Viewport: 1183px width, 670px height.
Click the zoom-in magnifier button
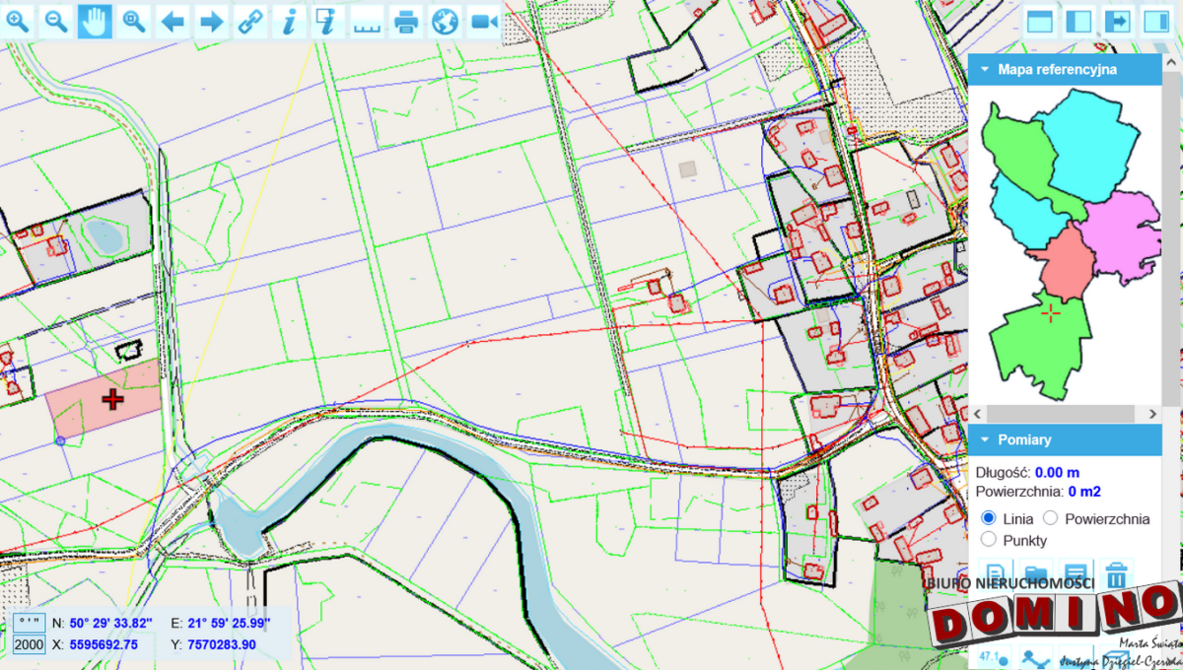click(x=19, y=21)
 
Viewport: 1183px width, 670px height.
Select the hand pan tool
click(x=95, y=21)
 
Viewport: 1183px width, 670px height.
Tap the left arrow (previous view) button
click(x=173, y=21)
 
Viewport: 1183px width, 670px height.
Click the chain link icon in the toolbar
click(x=250, y=21)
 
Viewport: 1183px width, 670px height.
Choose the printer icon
click(x=406, y=21)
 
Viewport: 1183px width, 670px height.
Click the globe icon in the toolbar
click(x=446, y=21)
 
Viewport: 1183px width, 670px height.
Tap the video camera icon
click(x=484, y=21)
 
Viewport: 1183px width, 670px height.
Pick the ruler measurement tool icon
click(x=367, y=21)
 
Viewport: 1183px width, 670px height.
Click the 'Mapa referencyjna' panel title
click(x=1057, y=70)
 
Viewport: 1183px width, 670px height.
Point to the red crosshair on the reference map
click(x=1052, y=313)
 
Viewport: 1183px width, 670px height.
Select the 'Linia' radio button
click(x=989, y=518)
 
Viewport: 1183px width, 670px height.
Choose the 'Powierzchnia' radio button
click(x=1050, y=518)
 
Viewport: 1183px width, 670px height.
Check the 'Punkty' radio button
click(x=989, y=540)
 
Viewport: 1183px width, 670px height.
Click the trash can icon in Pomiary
click(x=1116, y=574)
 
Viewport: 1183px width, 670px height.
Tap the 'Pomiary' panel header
click(x=1025, y=439)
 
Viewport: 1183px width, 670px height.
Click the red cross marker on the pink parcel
click(x=113, y=399)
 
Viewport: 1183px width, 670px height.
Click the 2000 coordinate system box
click(x=30, y=644)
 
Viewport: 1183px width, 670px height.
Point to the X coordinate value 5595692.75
click(x=104, y=644)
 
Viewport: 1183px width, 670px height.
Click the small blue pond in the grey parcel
click(x=101, y=234)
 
